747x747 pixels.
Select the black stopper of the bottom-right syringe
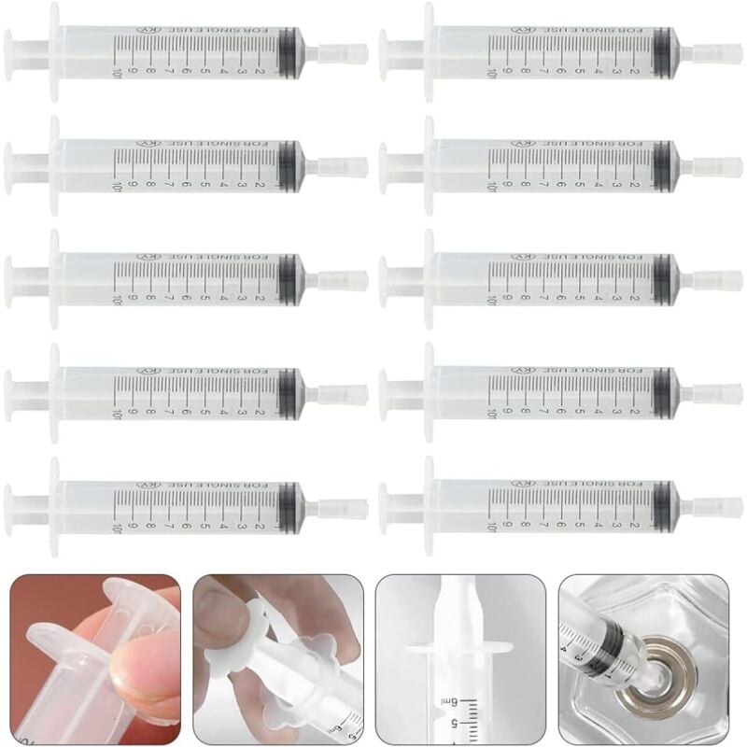663,500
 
